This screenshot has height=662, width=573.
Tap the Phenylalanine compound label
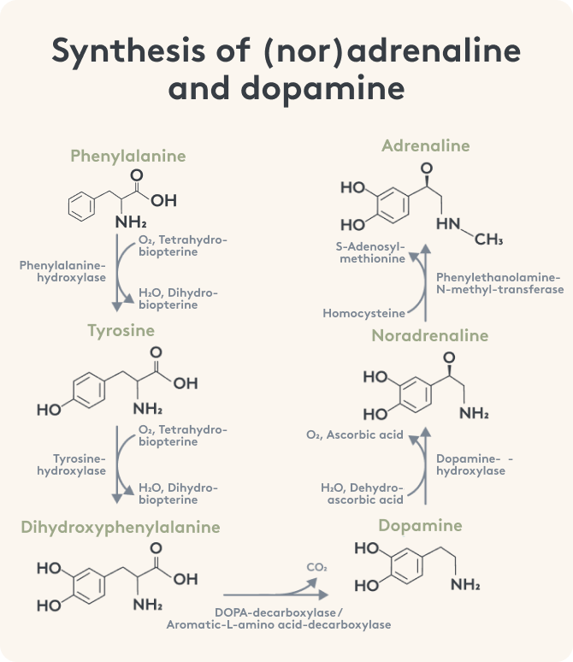tap(127, 156)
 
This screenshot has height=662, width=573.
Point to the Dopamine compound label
tap(419, 525)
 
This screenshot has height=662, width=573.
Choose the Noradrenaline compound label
tap(429, 335)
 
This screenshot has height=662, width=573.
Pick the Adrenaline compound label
tap(426, 145)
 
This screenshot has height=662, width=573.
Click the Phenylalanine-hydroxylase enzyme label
tap(62, 271)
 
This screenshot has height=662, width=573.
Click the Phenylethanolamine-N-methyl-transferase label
tap(499, 284)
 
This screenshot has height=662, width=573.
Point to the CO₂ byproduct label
tap(316, 566)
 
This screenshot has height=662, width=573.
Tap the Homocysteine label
tap(363, 313)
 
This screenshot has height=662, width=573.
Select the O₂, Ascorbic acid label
tap(354, 434)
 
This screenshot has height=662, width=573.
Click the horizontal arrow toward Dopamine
tap(274, 592)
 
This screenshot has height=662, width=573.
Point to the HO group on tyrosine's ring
tap(49, 410)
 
